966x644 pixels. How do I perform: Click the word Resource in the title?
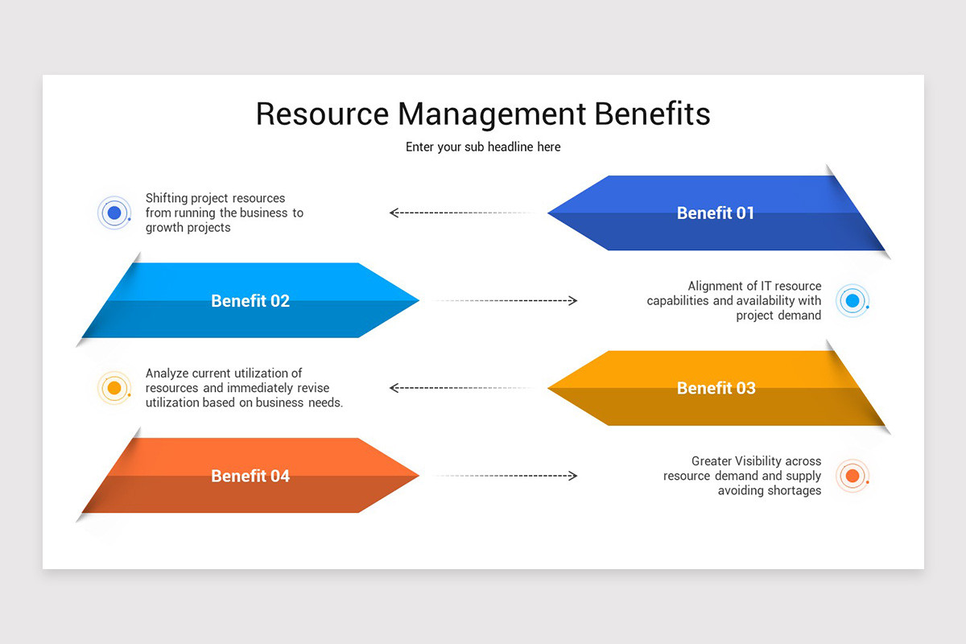[322, 114]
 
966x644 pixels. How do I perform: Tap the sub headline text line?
[483, 147]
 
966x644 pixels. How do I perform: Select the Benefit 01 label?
[715, 213]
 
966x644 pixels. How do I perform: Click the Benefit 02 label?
[250, 301]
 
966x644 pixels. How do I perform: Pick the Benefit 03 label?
[716, 388]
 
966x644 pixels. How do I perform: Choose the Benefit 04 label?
[250, 476]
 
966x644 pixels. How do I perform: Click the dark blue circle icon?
[114, 213]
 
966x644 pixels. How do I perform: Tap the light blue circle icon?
[852, 301]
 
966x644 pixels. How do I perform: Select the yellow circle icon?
[114, 388]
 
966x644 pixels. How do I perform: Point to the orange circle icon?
[852, 476]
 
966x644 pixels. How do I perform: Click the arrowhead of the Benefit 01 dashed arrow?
[394, 213]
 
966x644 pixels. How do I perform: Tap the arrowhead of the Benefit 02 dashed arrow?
[572, 301]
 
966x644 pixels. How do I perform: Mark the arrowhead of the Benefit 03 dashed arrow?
[394, 388]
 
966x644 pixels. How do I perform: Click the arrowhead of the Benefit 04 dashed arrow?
[572, 476]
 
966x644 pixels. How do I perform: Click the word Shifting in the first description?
[166, 198]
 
